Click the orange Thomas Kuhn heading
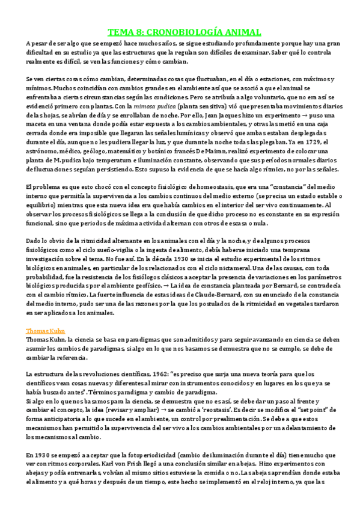pyautogui.click(x=46, y=331)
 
